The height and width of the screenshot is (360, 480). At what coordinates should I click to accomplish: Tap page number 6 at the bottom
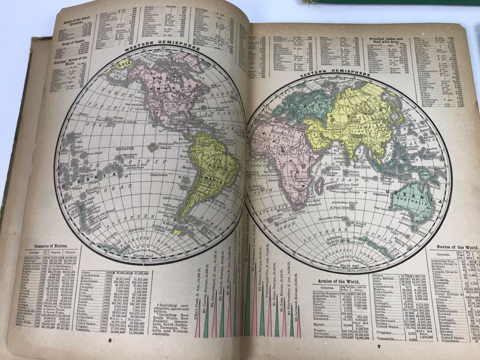[x=110, y=339]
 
